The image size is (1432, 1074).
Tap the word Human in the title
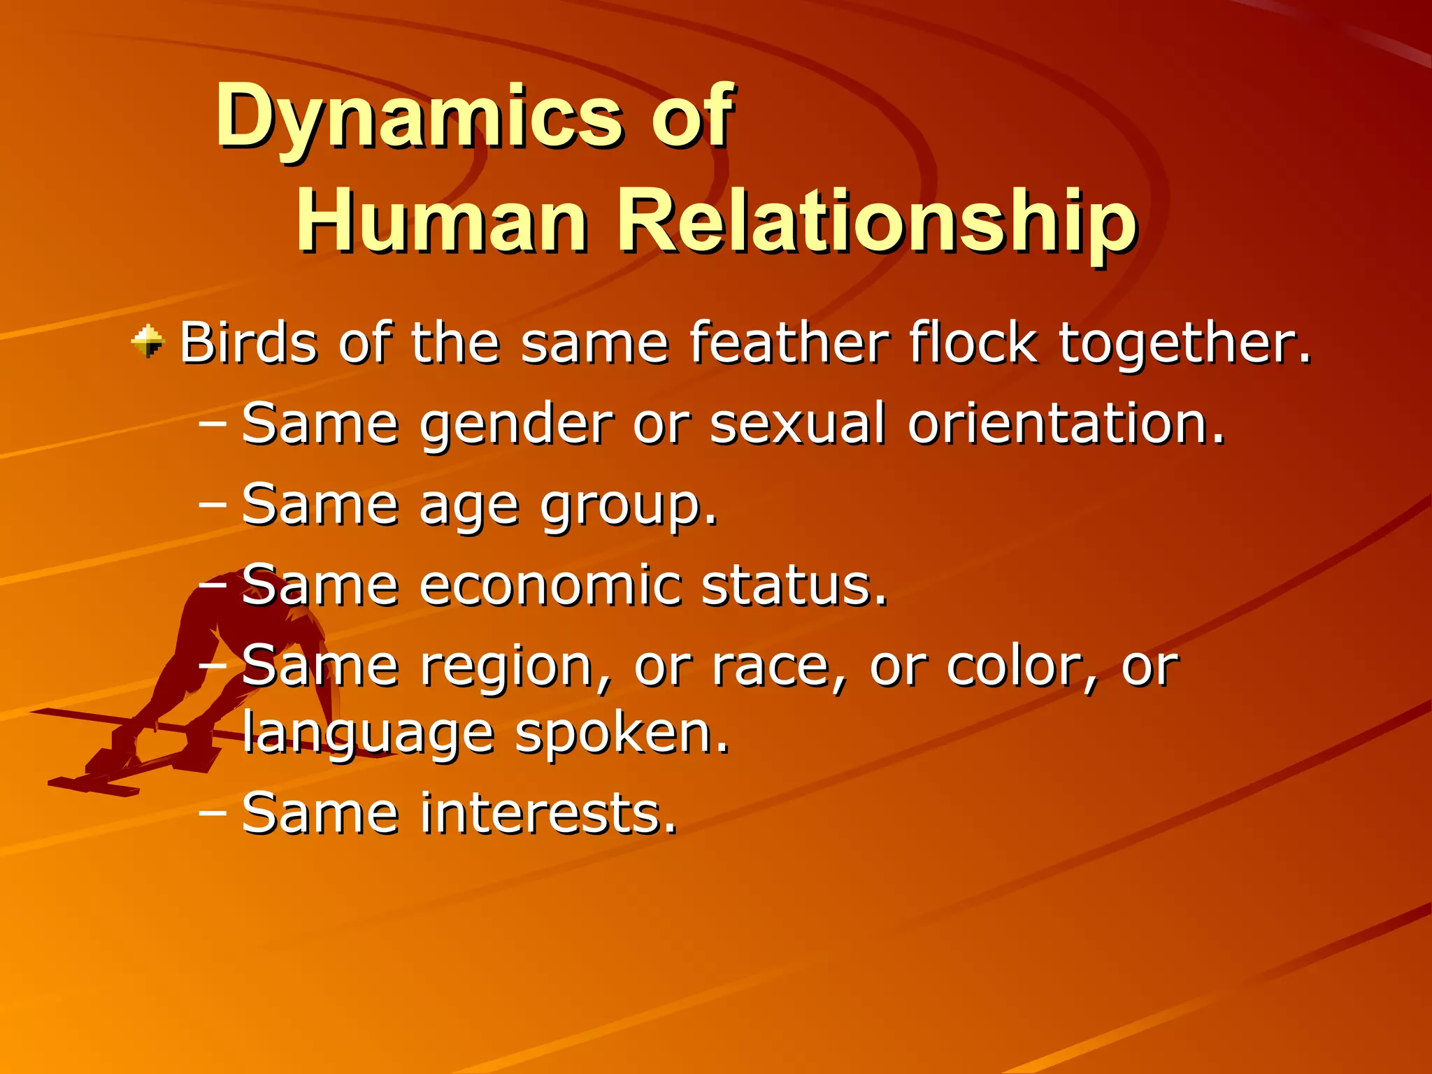[442, 222]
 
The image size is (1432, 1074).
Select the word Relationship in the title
[877, 222]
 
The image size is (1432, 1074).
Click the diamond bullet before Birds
[148, 342]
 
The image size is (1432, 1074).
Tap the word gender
[516, 425]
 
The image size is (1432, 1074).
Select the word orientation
[1066, 424]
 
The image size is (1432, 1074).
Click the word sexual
[798, 424]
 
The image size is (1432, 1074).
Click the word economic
[550, 585]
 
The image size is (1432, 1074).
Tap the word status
[794, 585]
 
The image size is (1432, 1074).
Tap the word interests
[549, 813]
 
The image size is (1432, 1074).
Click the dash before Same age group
[213, 504]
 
